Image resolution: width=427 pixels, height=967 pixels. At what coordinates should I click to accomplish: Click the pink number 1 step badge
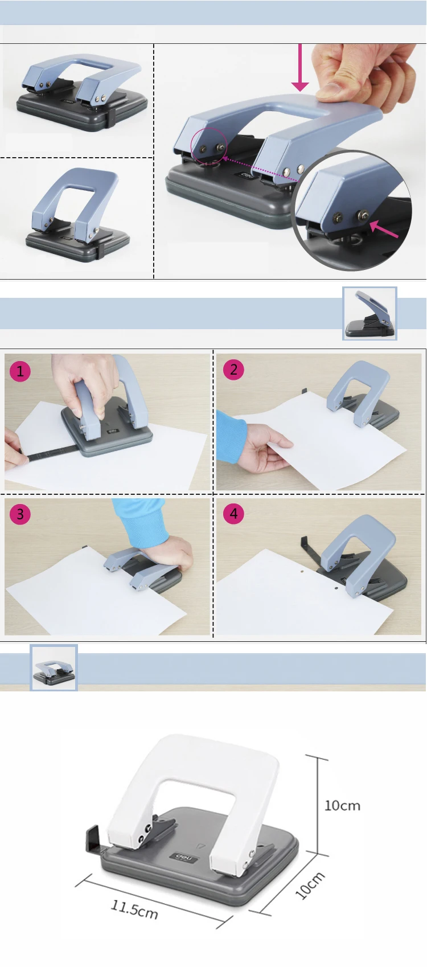(20, 371)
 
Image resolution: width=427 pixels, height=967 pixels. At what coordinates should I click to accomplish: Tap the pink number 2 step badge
(233, 370)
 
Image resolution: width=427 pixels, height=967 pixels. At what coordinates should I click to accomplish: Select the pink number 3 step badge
(20, 514)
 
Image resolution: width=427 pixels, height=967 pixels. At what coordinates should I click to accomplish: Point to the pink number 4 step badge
(233, 513)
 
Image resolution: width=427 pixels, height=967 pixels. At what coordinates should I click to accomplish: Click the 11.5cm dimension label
(134, 909)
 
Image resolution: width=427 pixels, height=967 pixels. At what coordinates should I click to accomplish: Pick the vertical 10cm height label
(342, 805)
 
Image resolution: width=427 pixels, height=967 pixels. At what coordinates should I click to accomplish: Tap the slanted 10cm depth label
(310, 884)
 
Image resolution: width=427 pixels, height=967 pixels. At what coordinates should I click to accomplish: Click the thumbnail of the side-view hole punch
(369, 313)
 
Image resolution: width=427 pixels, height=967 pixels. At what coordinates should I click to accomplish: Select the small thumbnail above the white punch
(54, 667)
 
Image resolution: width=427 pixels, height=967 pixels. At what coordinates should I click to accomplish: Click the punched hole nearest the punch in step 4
(335, 588)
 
